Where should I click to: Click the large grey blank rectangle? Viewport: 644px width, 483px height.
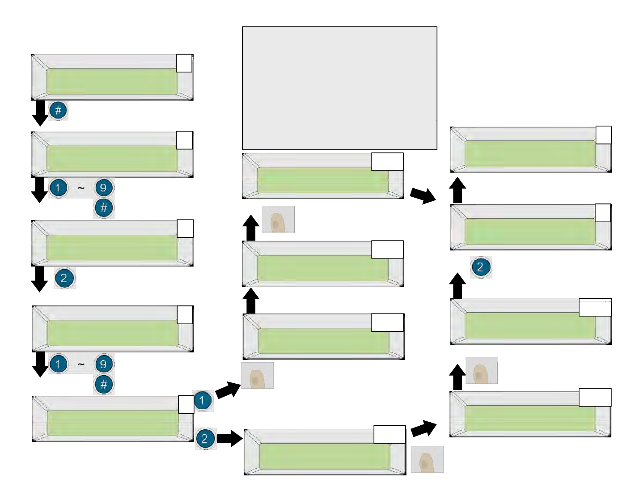pos(339,88)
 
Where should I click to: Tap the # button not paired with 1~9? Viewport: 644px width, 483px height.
pos(58,110)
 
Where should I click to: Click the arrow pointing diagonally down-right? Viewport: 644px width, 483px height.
pos(423,195)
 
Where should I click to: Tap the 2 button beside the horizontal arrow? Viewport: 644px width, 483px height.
pos(205,438)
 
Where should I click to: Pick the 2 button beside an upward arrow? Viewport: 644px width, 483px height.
pos(480,267)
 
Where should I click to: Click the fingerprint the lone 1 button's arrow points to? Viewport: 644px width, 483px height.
pos(257,376)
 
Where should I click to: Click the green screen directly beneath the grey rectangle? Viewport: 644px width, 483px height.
pos(322,180)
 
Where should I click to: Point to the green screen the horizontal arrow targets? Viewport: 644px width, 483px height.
pos(324,457)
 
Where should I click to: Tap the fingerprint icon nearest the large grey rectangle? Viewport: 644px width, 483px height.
pos(278,219)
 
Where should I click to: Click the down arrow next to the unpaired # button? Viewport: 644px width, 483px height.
pos(40,113)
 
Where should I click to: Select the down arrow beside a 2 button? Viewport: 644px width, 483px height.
pos(40,279)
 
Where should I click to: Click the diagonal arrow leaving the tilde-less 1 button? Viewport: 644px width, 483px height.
pos(228,390)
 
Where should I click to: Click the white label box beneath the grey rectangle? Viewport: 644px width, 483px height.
pos(387,161)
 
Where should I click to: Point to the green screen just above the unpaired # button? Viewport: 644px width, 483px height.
pos(112,81)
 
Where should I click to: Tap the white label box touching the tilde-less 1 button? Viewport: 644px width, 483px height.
pos(186,404)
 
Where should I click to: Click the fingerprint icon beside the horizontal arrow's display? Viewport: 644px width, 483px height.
pos(427,459)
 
